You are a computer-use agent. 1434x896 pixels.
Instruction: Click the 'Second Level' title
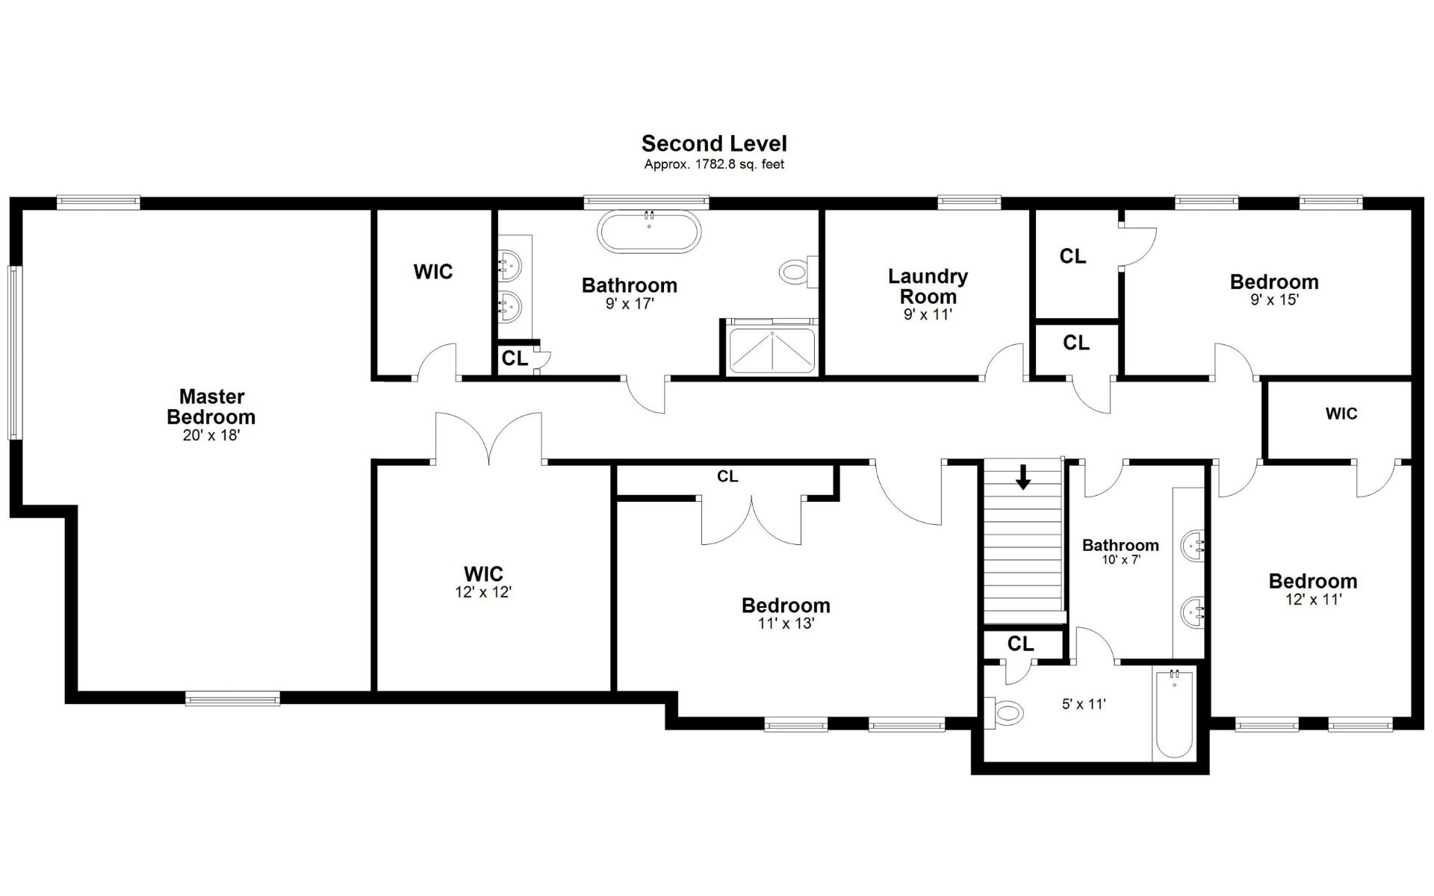[714, 143]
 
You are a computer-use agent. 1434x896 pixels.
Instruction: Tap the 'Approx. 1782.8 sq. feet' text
[714, 164]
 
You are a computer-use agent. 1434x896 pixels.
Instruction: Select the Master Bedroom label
[211, 407]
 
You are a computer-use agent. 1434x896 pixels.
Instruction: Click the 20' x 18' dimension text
[211, 435]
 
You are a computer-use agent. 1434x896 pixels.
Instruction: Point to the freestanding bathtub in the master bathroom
[649, 232]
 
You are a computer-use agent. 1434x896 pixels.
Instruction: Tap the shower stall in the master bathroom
[770, 349]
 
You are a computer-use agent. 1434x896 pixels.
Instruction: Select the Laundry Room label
[928, 286]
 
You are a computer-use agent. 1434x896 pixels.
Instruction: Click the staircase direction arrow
[1023, 476]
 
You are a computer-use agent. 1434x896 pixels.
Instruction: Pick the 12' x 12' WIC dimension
[483, 593]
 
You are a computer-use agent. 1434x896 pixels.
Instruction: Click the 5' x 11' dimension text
[1084, 704]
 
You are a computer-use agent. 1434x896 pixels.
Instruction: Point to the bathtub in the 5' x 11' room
[1174, 713]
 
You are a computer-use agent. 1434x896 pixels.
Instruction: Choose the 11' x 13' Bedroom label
[786, 606]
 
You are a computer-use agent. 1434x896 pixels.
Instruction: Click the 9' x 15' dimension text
[1274, 300]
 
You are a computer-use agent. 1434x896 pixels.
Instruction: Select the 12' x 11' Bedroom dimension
[1313, 600]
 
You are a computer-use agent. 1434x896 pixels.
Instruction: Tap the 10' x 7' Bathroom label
[1120, 545]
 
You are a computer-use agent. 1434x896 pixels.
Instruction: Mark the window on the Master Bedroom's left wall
[13, 352]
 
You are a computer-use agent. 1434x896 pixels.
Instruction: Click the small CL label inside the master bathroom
[515, 358]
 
